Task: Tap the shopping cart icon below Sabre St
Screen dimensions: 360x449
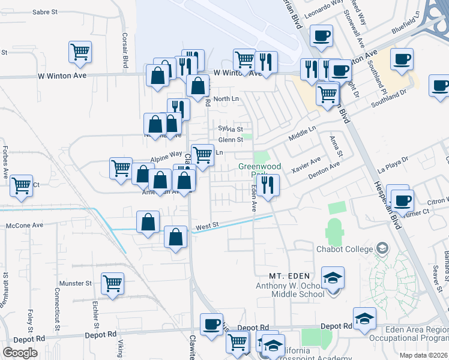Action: (x=80, y=52)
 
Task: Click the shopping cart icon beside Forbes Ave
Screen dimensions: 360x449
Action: (x=22, y=185)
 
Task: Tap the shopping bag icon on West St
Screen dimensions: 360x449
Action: (x=175, y=238)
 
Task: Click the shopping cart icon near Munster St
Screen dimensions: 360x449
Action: (x=112, y=283)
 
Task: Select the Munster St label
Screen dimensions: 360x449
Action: (x=75, y=282)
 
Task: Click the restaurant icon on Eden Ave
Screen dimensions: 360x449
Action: (x=268, y=185)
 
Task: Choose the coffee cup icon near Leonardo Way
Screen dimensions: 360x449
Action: (x=322, y=36)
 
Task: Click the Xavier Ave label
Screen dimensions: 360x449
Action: (x=306, y=163)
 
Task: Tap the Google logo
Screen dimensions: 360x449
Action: (x=20, y=352)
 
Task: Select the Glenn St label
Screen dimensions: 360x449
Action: (x=230, y=140)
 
